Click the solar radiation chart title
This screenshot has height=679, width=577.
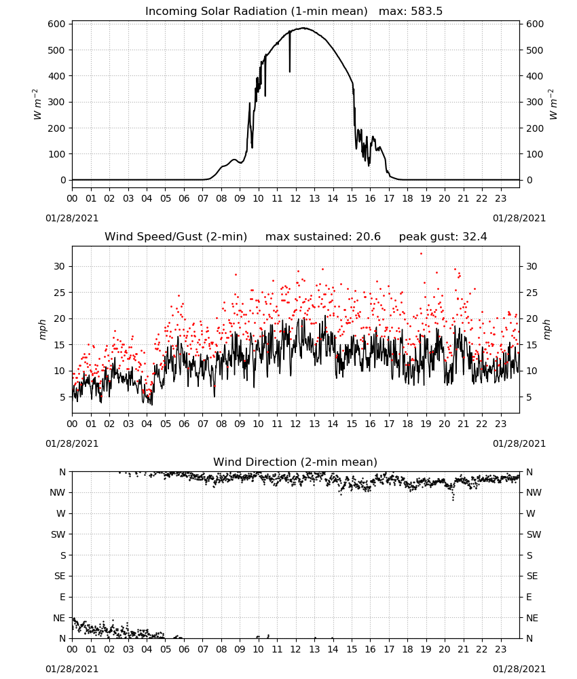(x=294, y=11)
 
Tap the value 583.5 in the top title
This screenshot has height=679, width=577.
(x=426, y=11)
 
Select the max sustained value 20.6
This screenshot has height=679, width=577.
(x=368, y=236)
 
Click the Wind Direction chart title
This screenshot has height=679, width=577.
(x=295, y=462)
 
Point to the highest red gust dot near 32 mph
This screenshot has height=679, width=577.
(x=421, y=254)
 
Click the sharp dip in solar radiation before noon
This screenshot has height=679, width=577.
(x=290, y=71)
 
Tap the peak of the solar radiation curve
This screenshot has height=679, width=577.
(x=304, y=28)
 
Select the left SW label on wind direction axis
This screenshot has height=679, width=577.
(x=58, y=534)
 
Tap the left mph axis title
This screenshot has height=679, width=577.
(x=42, y=329)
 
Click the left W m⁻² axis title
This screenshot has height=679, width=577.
(x=37, y=105)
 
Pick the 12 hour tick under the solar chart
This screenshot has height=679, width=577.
(x=295, y=198)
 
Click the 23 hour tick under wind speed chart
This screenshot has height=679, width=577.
(x=500, y=424)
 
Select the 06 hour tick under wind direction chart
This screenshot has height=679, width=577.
(x=184, y=649)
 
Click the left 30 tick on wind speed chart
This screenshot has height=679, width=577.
(x=60, y=266)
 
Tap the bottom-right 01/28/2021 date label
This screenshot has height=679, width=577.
(x=519, y=669)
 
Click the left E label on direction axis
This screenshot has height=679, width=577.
(x=62, y=597)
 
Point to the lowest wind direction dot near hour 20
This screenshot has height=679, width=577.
(x=453, y=500)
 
